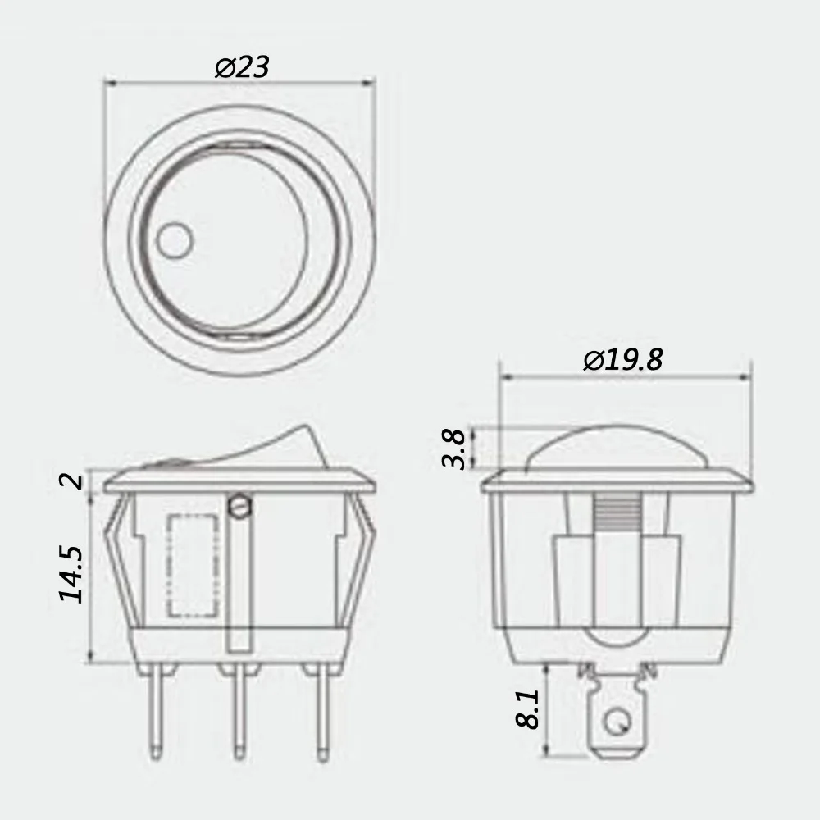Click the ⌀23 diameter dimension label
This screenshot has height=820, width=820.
(x=242, y=66)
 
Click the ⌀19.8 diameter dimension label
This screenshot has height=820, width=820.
(x=622, y=360)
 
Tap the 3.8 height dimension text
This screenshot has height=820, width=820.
(x=456, y=449)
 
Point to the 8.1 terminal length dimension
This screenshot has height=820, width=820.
(x=529, y=708)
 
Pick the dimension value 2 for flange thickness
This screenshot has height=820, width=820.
(x=75, y=481)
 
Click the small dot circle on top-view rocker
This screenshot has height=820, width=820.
(x=174, y=243)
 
